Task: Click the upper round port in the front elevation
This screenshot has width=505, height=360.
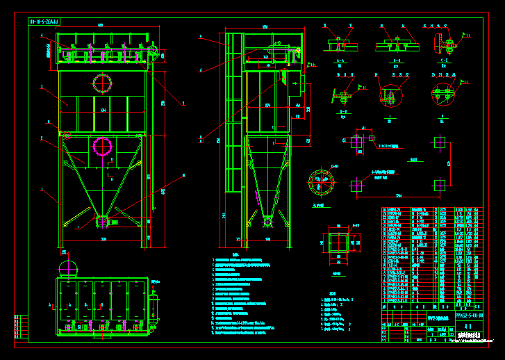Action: pos(103,82)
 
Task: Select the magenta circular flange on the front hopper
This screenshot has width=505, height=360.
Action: pos(103,147)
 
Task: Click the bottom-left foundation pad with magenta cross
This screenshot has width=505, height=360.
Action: pos(356,186)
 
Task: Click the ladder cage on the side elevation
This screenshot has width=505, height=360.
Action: pos(233,118)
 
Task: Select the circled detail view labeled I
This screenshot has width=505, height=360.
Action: pos(386,96)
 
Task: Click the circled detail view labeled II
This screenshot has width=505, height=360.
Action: pos(440,94)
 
